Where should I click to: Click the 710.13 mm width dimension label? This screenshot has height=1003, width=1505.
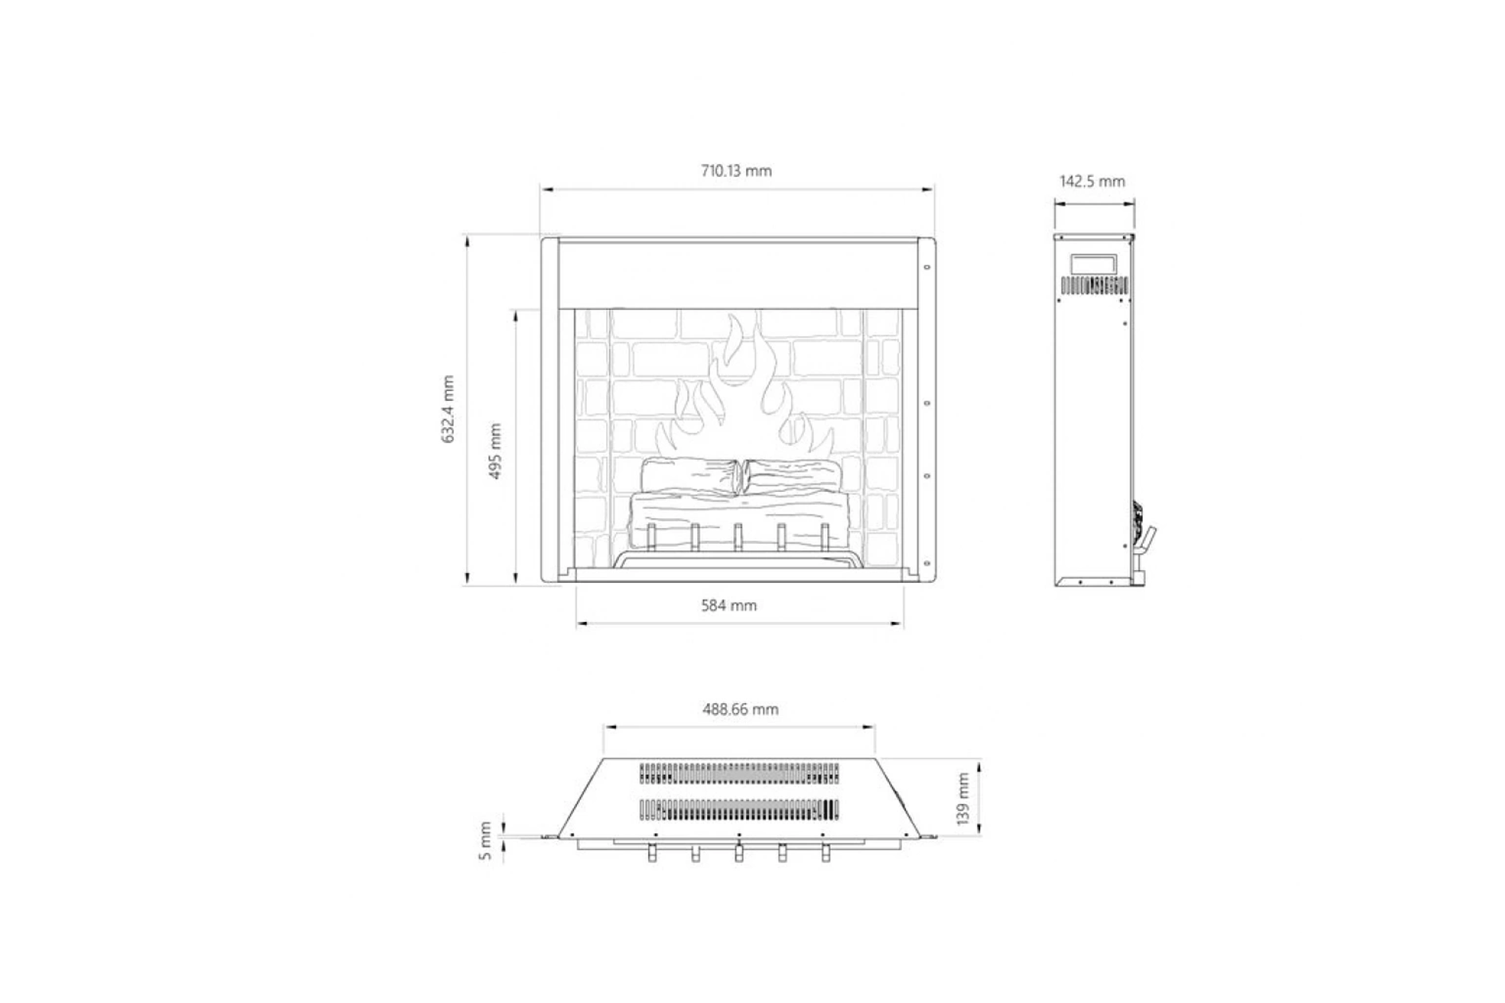(736, 171)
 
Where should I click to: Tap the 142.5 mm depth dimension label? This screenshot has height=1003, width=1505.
(1092, 182)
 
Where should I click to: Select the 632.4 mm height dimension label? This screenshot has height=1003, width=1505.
(448, 409)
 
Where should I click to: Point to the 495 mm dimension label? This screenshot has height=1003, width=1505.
(495, 451)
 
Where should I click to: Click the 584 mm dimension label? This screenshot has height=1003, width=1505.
(729, 606)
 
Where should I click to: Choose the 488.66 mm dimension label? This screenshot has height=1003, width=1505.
(741, 710)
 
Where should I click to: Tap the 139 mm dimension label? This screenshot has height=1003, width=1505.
(963, 798)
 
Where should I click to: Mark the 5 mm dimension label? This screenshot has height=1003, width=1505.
(485, 842)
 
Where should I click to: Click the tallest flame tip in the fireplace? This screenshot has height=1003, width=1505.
(733, 315)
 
